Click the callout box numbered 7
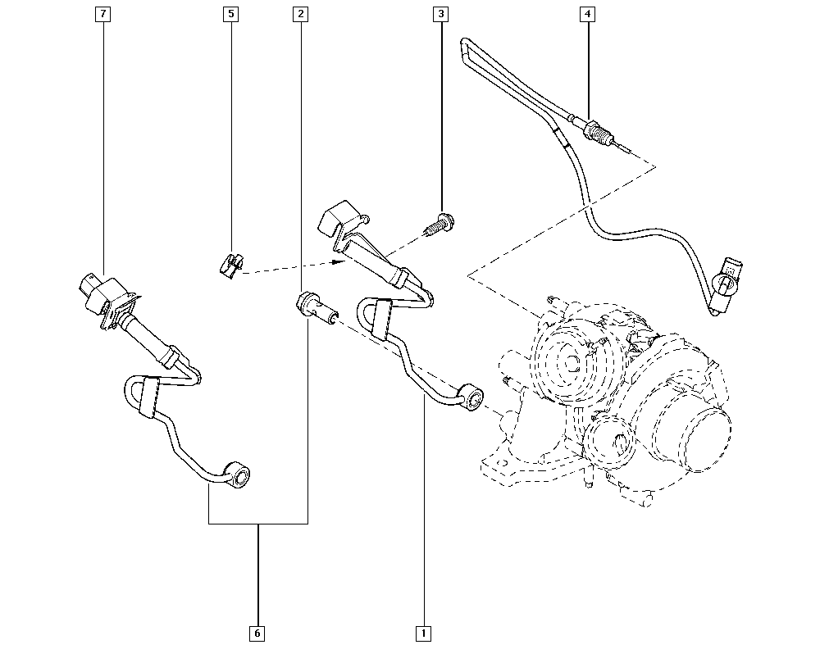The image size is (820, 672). click(x=103, y=14)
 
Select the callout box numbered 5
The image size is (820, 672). click(x=230, y=14)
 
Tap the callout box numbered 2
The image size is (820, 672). click(x=300, y=14)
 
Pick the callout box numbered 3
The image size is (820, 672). click(x=441, y=14)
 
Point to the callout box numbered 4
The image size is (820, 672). click(x=587, y=14)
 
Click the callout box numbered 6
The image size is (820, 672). click(x=257, y=633)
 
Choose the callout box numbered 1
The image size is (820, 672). click(x=423, y=633)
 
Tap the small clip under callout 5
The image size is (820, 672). click(x=230, y=265)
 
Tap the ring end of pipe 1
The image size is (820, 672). click(x=470, y=397)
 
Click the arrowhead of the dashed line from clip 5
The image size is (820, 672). click(x=339, y=261)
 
